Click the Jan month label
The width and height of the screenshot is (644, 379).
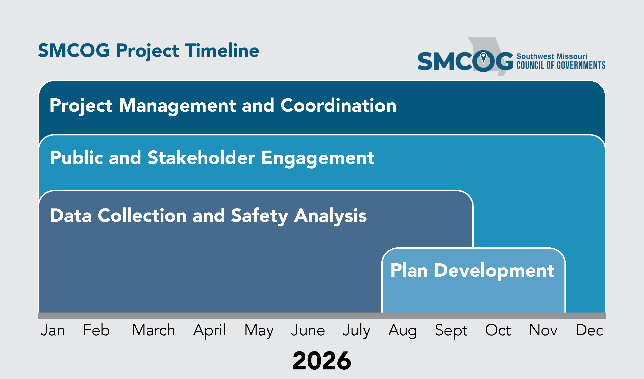pos(53,330)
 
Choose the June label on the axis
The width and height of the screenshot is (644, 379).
pos(308,330)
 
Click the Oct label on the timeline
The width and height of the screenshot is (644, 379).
pos(498,330)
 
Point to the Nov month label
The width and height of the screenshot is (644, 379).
pos(543,330)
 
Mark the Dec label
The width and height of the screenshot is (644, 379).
pos(589,330)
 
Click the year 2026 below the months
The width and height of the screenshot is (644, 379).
pos(322,361)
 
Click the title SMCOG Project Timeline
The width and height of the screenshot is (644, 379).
pos(149,51)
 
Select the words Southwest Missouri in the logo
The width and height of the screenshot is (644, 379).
pos(552,56)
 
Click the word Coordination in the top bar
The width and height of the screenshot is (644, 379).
pos(338,105)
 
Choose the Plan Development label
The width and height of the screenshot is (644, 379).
pos(473,271)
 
